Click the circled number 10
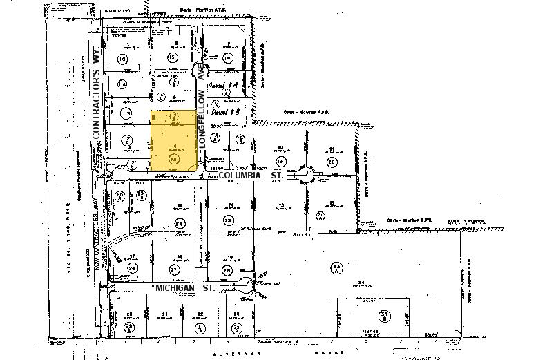[x=123, y=59]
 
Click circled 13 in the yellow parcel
[x=173, y=158]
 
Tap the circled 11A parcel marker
[x=123, y=85]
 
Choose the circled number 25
[x=228, y=221]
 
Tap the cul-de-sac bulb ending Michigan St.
[x=246, y=283]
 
